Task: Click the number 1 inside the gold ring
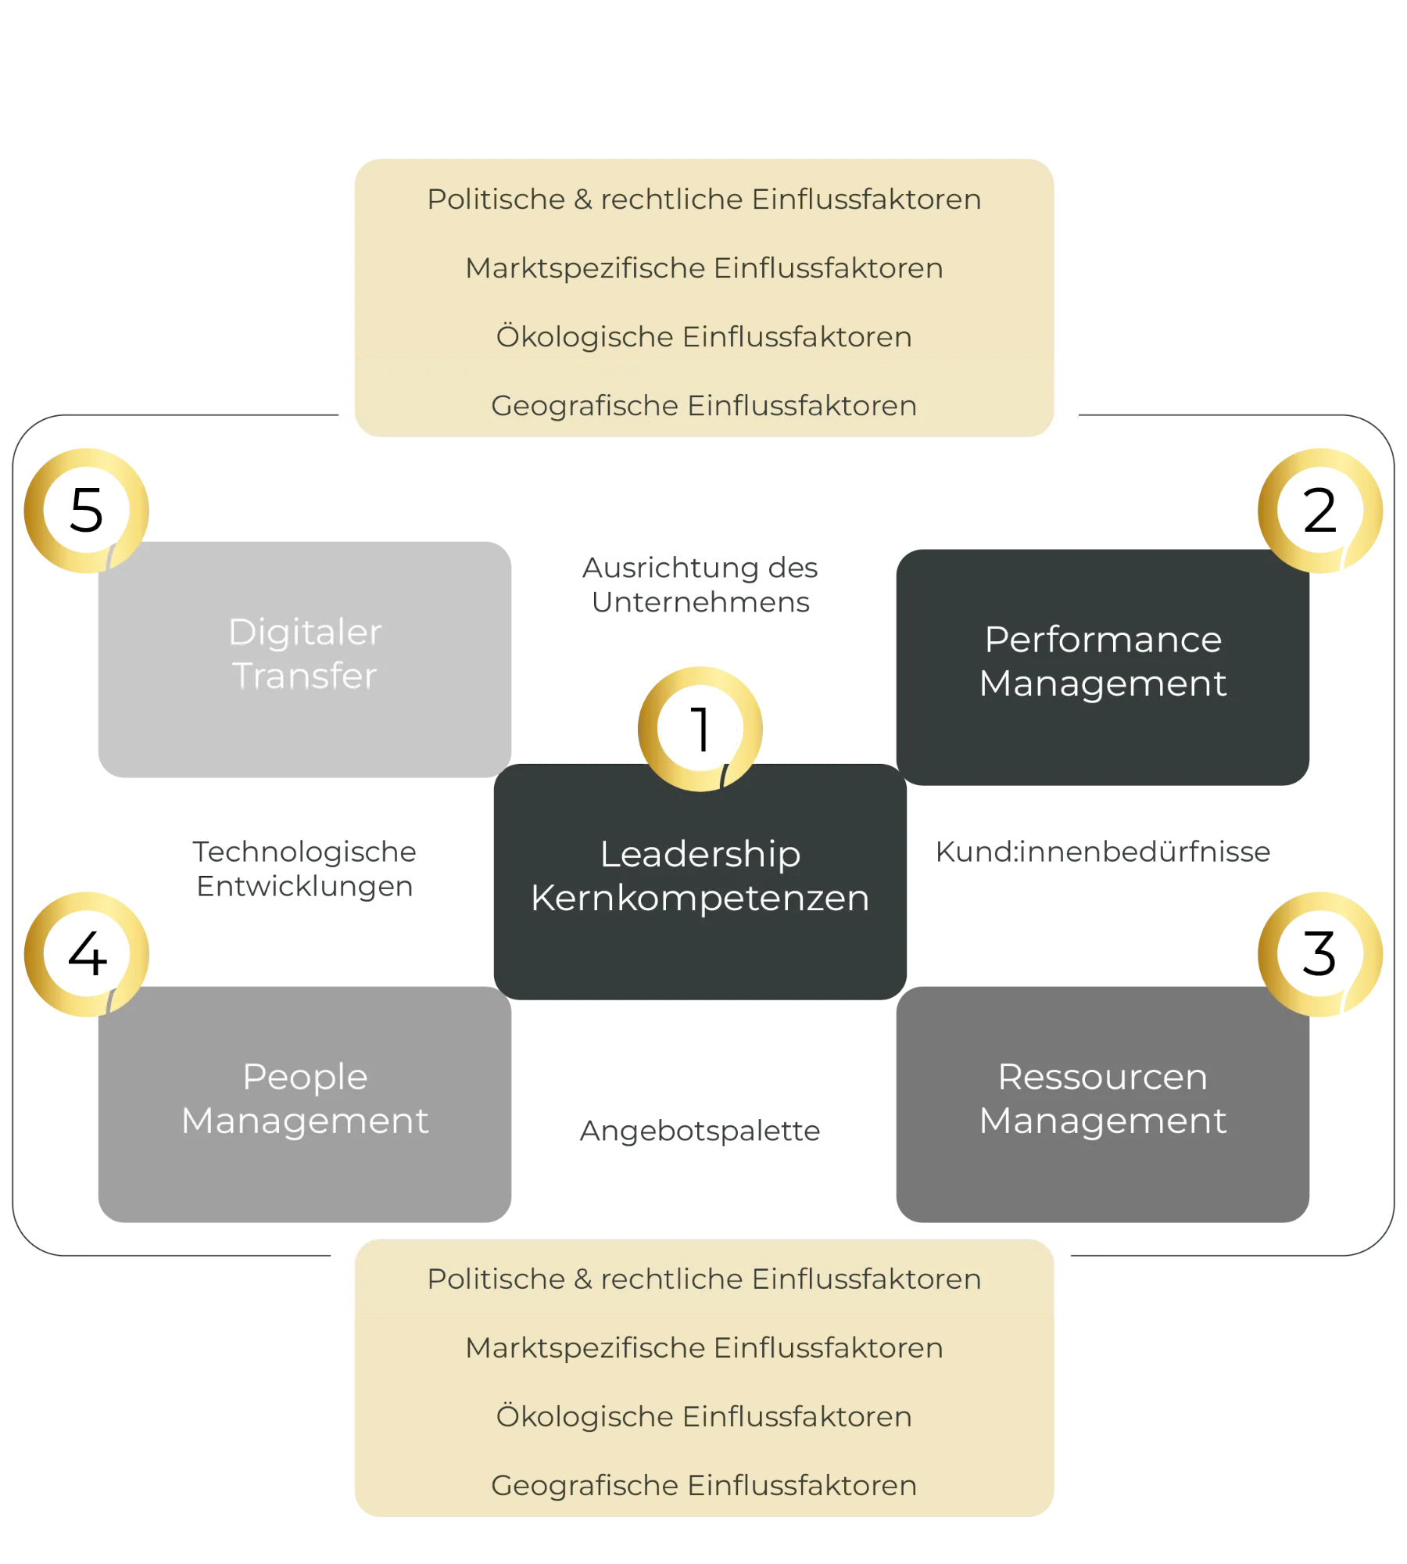701,729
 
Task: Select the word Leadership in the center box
700,854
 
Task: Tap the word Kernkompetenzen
700,898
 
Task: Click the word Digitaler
305,632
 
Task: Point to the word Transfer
305,676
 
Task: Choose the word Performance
1103,640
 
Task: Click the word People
305,1077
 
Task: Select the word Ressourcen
1103,1077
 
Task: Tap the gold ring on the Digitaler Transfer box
86,510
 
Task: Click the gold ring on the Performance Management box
1320,510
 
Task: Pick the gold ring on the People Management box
86,954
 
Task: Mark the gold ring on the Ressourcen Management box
1320,954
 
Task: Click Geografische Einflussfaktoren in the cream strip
703,406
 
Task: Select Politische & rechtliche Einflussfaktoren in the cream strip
703,1279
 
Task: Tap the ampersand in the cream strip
583,1279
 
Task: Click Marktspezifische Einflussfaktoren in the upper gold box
703,268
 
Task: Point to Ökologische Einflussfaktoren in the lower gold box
703,1417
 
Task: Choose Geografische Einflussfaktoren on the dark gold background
703,1486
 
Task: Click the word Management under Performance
1103,683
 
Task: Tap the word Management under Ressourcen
1103,1121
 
